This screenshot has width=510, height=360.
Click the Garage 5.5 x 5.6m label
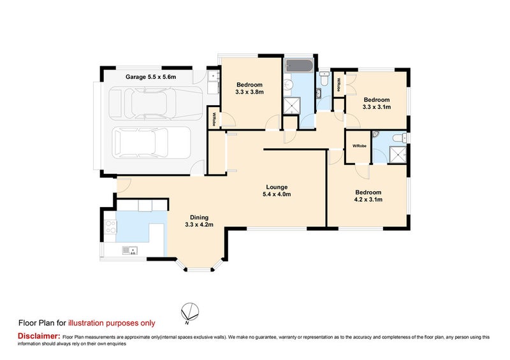[150, 77]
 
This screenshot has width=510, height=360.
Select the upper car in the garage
[150, 103]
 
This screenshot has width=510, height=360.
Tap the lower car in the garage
[150, 144]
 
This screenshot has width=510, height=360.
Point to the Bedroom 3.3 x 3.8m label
[249, 89]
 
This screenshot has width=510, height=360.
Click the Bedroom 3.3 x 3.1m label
[376, 103]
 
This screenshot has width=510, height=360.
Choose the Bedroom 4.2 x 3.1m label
[368, 196]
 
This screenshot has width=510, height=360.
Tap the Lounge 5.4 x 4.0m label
[278, 191]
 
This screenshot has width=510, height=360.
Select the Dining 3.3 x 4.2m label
[198, 220]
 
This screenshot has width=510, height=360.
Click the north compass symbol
[189, 312]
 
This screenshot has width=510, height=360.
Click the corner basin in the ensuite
[377, 136]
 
